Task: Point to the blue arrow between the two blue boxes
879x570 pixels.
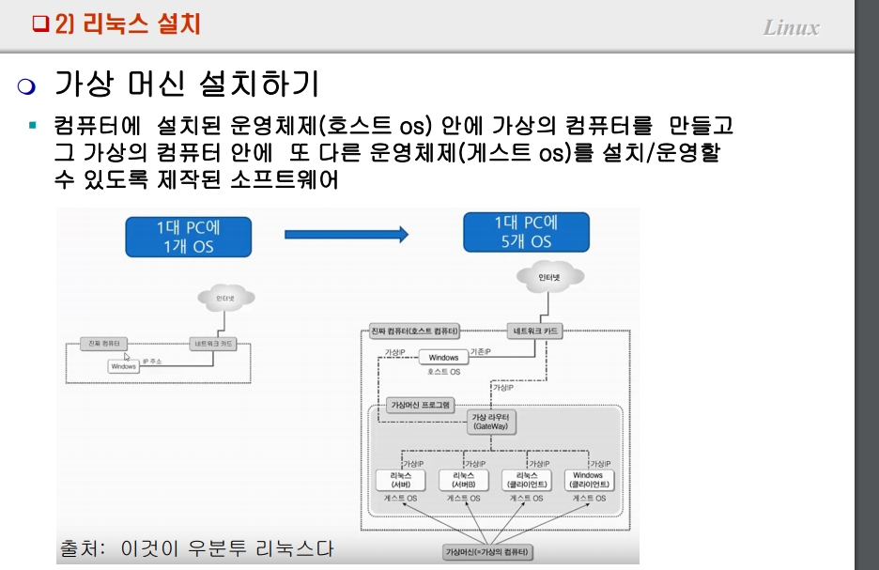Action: tap(347, 235)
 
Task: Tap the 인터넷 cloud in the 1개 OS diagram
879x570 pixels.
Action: tap(224, 299)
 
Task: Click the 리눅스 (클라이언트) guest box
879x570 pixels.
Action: tap(526, 480)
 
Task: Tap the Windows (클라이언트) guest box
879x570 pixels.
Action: tap(589, 480)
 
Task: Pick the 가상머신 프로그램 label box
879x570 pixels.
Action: tap(420, 406)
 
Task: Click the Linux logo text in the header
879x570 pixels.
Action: tap(791, 27)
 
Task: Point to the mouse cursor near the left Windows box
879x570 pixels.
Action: tap(128, 357)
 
